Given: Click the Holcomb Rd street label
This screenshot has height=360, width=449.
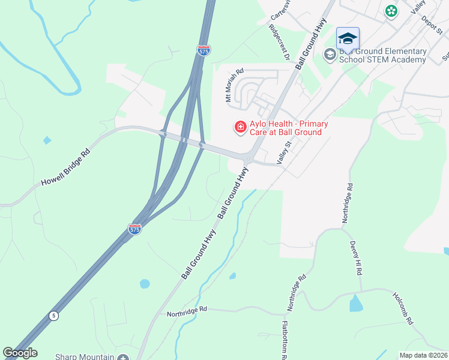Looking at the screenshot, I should (403, 308).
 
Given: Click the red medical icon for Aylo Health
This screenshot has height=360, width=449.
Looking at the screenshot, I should (240, 127).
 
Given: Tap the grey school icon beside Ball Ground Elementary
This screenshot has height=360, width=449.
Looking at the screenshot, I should (330, 55).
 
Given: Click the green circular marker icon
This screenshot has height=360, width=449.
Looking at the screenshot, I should (391, 11).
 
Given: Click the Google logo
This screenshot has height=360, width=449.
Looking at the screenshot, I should (20, 353).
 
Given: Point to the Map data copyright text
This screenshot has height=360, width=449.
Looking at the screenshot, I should (423, 355).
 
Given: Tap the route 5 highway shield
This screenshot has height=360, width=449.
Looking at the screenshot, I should (54, 316).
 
